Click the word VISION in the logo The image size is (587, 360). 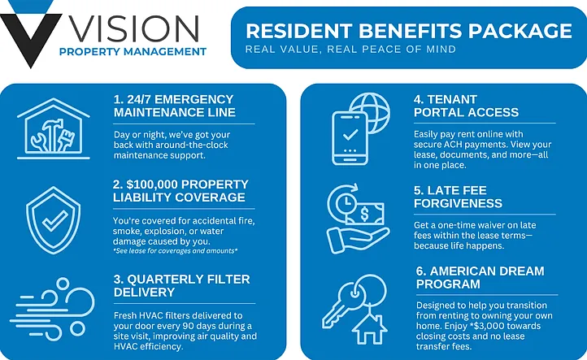point(134,28)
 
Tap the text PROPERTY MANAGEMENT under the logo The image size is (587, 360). point(133,52)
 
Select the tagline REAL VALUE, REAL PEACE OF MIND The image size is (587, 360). point(350,49)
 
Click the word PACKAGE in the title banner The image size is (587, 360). point(520,31)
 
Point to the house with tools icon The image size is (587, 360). point(54,128)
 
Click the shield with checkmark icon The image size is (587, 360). point(53,220)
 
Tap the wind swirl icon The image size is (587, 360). point(52,309)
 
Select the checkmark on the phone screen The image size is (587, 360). point(350,134)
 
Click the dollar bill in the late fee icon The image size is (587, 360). point(364,214)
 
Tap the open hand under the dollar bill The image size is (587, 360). point(358,239)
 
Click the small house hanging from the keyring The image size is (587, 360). point(369,329)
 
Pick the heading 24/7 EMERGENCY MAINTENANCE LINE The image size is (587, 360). point(175,106)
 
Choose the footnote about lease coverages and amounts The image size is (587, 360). point(175,251)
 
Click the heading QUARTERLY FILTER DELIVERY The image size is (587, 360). point(181,285)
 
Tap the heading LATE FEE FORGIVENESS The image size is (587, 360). point(458,197)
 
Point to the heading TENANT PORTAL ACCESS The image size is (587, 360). point(466,106)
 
